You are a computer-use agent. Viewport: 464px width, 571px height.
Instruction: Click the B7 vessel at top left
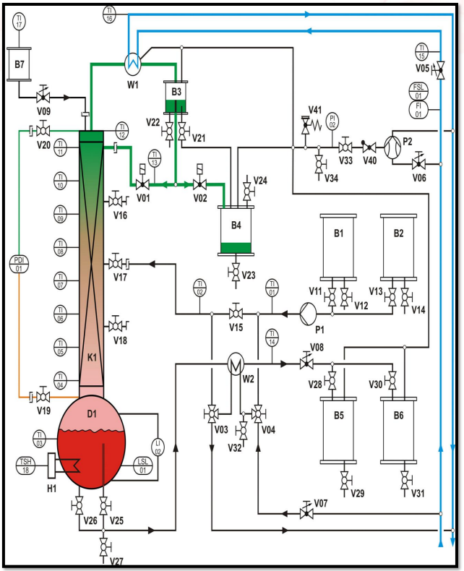click(20, 63)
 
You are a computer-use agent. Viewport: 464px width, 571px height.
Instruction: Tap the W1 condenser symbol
click(132, 64)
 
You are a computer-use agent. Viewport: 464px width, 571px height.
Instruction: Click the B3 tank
click(176, 98)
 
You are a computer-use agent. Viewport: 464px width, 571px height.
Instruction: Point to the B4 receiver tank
click(236, 231)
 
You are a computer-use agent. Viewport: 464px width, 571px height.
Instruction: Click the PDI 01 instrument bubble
click(19, 264)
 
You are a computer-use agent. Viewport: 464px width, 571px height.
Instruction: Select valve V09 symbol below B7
click(43, 96)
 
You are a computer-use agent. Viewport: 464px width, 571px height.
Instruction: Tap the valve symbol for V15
click(235, 313)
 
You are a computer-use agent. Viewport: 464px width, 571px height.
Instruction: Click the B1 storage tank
click(338, 246)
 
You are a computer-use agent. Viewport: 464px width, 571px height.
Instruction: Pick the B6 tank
click(399, 429)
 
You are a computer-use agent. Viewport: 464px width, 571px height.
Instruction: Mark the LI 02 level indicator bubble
click(158, 447)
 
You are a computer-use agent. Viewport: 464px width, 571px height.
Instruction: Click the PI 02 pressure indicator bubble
click(333, 121)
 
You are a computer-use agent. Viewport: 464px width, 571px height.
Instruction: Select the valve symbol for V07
click(305, 513)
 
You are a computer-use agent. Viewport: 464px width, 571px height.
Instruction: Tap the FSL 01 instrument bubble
click(417, 91)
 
